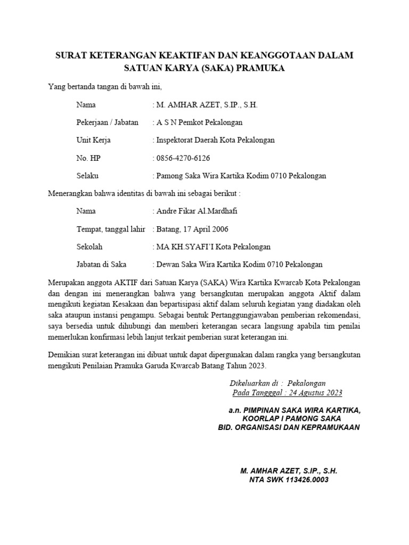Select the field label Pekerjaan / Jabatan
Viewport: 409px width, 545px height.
(x=107, y=122)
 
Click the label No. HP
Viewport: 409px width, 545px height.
(x=88, y=158)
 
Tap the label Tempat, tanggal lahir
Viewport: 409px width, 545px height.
(x=111, y=229)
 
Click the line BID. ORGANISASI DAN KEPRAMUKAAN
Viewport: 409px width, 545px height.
(x=289, y=427)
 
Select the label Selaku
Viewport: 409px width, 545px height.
(x=87, y=176)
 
